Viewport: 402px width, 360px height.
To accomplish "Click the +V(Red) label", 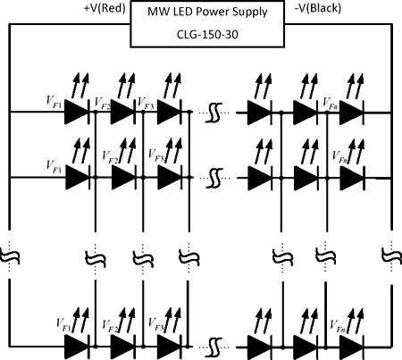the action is point(105,8).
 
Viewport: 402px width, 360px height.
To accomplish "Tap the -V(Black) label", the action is point(318,8).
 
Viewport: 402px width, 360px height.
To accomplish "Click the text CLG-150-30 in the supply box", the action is point(207,35).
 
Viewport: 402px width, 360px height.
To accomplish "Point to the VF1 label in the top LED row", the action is point(54,102).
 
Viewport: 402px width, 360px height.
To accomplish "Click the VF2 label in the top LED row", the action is point(102,104).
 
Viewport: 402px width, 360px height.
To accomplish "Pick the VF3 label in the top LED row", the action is point(146,104).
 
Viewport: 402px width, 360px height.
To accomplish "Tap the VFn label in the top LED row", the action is point(331,104).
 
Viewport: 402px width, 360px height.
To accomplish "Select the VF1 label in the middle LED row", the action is point(54,167).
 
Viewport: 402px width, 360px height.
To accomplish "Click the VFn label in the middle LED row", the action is point(339,157).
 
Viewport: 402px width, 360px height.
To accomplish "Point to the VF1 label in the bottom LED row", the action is point(63,325).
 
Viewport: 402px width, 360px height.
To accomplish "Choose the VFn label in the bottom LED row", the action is point(338,326).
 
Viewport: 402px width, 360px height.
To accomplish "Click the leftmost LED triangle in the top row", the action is point(77,113).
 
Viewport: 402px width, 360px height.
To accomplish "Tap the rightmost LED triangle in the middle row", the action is point(351,178).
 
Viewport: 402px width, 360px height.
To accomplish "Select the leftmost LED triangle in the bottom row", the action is point(77,347).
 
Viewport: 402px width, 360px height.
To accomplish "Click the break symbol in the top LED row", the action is point(214,113).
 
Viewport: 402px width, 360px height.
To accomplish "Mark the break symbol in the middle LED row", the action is point(214,179).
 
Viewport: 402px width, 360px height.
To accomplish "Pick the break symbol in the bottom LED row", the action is point(214,347).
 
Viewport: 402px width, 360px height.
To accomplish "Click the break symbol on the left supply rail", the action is point(10,256).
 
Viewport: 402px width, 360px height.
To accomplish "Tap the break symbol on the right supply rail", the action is point(391,256).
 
